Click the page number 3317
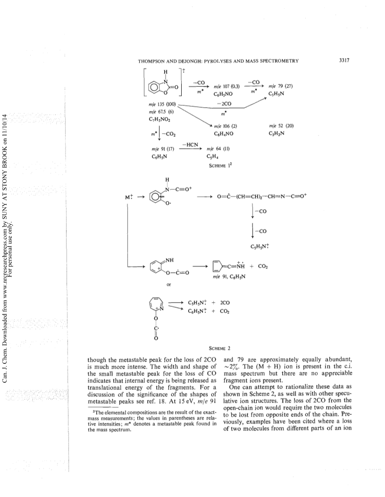[x=344, y=60]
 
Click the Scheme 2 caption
[x=219, y=349]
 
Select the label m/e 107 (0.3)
[x=227, y=86]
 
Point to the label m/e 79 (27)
[x=280, y=86]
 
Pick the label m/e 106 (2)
[x=226, y=126]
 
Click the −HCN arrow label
[x=190, y=145]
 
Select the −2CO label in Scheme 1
[x=224, y=104]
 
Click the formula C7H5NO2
[x=159, y=119]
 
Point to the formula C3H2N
[x=276, y=134]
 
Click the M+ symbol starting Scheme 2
[x=129, y=197]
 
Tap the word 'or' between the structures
[x=168, y=285]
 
